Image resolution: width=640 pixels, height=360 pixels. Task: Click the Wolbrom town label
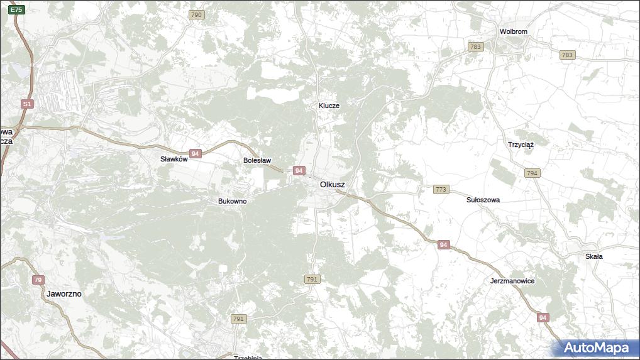click(x=513, y=31)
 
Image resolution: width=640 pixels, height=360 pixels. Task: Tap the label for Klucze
click(x=329, y=106)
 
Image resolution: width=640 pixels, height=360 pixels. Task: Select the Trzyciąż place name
click(x=521, y=145)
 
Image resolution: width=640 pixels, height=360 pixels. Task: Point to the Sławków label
click(x=174, y=160)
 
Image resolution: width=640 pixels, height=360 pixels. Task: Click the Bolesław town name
click(x=257, y=161)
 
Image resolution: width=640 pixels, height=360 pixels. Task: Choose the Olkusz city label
click(x=332, y=185)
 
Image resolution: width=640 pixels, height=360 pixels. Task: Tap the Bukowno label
click(x=232, y=201)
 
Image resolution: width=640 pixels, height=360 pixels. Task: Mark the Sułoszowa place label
click(x=483, y=200)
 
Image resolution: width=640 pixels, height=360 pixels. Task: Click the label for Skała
click(x=593, y=256)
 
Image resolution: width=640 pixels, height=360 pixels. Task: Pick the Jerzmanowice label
click(x=512, y=281)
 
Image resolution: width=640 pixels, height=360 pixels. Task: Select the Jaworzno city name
click(x=64, y=293)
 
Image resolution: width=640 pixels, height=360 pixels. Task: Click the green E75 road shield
click(x=17, y=9)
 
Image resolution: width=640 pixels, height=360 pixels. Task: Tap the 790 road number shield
click(x=196, y=14)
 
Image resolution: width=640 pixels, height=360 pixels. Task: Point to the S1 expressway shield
click(x=26, y=104)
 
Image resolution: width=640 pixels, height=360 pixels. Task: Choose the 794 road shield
click(x=532, y=173)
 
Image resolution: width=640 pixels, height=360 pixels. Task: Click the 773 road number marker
click(x=441, y=189)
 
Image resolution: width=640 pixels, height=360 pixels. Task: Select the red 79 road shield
click(x=38, y=280)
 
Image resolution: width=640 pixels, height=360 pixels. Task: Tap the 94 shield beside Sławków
click(x=196, y=154)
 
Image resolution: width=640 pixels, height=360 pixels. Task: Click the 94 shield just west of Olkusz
click(x=299, y=171)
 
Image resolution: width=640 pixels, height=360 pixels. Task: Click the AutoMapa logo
click(x=595, y=348)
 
